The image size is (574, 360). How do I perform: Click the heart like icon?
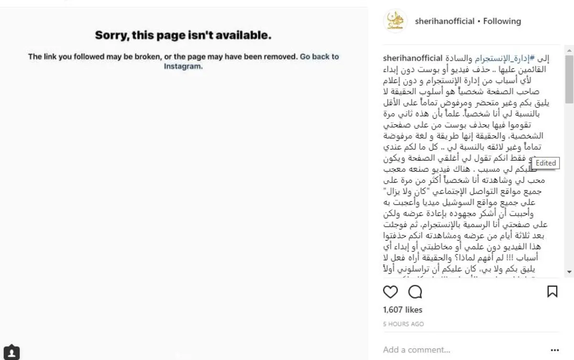click(390, 292)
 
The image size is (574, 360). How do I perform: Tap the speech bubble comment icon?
click(415, 292)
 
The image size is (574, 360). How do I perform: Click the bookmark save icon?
click(552, 292)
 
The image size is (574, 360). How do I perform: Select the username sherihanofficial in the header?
click(445, 21)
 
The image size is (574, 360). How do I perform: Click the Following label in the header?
click(502, 21)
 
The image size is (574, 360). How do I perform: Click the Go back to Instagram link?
click(319, 56)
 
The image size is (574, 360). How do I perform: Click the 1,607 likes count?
click(403, 310)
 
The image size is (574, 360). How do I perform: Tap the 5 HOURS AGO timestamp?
click(403, 324)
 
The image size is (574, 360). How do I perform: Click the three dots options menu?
click(554, 350)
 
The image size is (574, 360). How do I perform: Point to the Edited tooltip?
click(545, 163)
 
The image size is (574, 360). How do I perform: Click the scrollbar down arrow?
click(569, 272)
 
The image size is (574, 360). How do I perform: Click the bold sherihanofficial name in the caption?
click(413, 59)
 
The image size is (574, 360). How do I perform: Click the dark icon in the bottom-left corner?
click(11, 353)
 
